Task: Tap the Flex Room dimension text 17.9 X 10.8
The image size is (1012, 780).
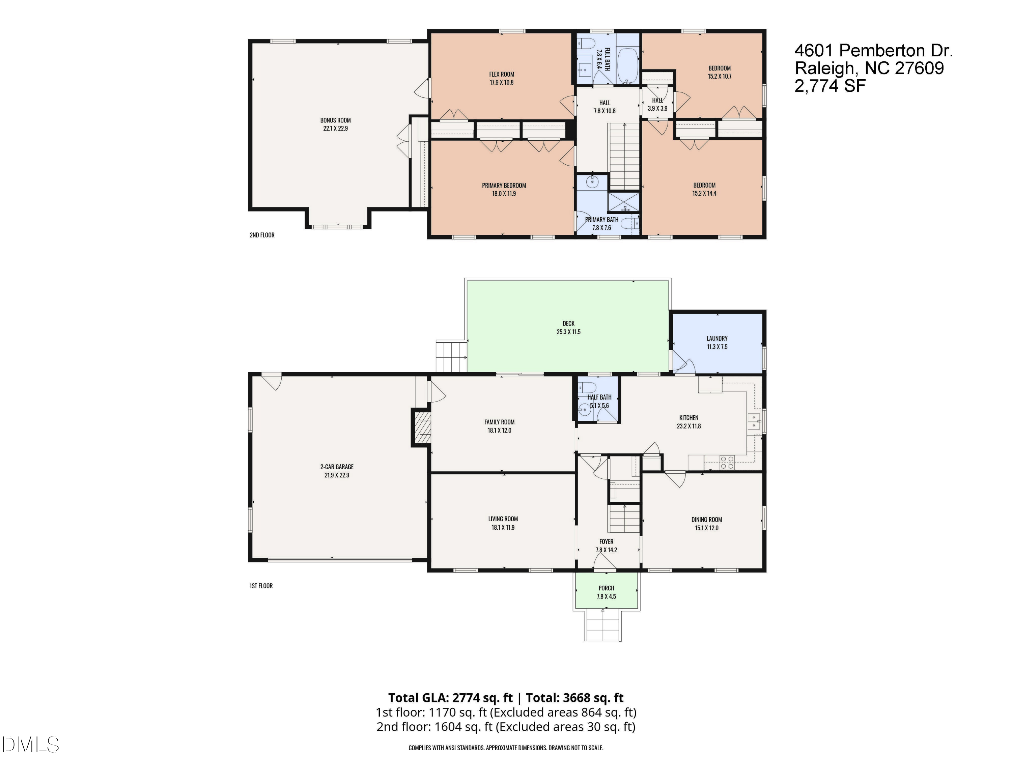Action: click(x=501, y=83)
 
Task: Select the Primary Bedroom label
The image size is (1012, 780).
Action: click(x=504, y=185)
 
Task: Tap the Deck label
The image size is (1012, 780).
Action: click(x=568, y=324)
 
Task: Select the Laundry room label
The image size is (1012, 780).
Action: click(x=717, y=338)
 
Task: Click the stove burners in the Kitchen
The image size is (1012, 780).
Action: click(x=727, y=463)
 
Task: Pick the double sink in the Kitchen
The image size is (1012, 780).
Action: click(x=754, y=421)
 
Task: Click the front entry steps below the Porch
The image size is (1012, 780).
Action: click(x=602, y=626)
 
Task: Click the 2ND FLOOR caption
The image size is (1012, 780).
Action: click(x=262, y=235)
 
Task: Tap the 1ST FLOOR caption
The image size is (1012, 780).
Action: click(x=261, y=586)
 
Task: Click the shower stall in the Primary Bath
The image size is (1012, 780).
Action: click(x=623, y=202)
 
